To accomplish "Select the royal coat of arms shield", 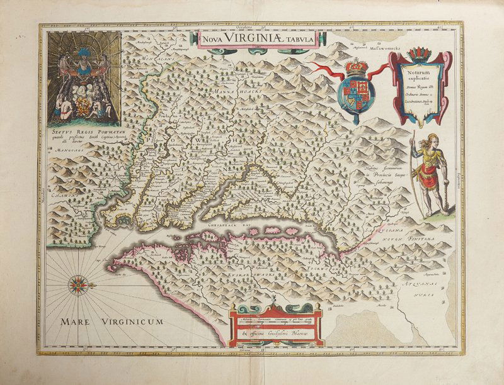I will tap(356, 90).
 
